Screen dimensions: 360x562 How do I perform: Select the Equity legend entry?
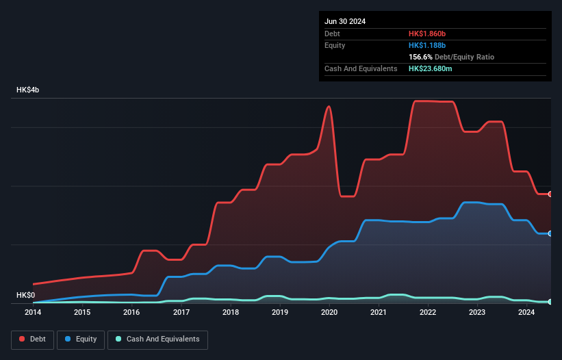[81, 339]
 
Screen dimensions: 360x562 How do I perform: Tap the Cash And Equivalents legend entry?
[157, 339]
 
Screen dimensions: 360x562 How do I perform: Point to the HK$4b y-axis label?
[28, 90]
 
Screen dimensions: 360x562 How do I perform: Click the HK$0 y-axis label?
[25, 295]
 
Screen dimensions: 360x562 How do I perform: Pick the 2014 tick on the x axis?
[33, 313]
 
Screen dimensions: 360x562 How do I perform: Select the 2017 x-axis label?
[181, 313]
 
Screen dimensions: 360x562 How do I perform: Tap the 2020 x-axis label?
[329, 313]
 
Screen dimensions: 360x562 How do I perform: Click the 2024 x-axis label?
[526, 313]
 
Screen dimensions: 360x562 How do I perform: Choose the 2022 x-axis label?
[428, 313]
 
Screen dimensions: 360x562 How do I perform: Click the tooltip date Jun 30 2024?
[345, 21]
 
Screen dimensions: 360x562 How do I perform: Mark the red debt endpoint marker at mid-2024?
[550, 194]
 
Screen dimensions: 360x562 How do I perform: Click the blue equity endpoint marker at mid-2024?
[550, 233]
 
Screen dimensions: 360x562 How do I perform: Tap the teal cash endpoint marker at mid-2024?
[550, 302]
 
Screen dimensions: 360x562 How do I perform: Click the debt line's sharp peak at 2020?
[330, 106]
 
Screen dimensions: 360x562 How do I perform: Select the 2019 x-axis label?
[280, 313]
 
